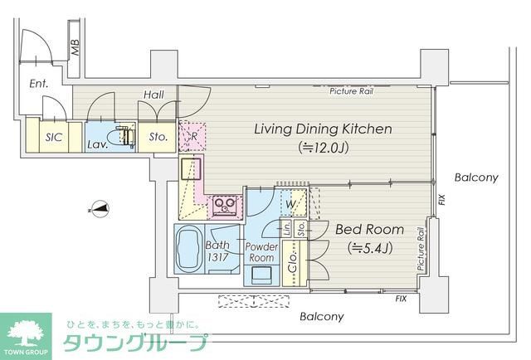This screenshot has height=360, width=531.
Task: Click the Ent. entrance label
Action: click(39, 83)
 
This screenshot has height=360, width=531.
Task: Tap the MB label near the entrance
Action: click(75, 49)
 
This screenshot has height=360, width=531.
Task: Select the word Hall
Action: click(153, 96)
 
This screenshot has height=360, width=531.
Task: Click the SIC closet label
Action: click(55, 137)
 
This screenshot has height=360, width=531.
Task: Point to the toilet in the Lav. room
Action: click(125, 135)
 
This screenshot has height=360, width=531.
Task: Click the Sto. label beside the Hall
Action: click(159, 137)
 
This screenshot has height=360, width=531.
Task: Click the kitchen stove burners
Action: click(223, 202)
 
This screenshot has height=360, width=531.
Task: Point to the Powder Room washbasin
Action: click(264, 274)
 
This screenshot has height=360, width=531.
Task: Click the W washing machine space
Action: click(290, 203)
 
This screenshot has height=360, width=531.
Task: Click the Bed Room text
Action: click(369, 230)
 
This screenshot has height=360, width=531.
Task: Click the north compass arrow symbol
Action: click(99, 210)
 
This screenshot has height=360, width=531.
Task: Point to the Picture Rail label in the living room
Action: click(351, 91)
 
